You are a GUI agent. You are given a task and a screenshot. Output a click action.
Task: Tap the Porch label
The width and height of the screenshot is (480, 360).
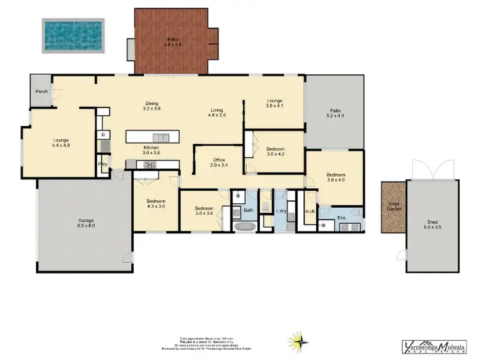click(42, 91)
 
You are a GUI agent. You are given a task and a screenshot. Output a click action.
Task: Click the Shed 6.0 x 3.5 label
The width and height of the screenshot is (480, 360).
click(433, 224)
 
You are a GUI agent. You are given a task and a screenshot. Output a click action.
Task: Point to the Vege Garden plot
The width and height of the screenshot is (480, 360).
click(393, 207)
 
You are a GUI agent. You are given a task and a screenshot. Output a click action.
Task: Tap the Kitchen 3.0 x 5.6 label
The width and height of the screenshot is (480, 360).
click(152, 151)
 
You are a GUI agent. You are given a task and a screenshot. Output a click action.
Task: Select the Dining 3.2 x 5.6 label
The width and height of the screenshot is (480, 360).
click(151, 106)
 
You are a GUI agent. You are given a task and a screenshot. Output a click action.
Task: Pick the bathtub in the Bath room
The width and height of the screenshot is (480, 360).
click(243, 226)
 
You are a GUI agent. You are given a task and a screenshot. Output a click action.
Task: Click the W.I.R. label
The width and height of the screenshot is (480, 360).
click(307, 212)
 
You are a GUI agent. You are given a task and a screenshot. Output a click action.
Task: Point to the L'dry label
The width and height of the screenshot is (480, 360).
click(280, 211)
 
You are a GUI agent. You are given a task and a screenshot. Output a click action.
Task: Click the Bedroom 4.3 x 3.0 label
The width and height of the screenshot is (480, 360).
click(156, 204)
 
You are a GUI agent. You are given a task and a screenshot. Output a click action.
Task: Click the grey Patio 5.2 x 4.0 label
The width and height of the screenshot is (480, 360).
click(335, 114)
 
